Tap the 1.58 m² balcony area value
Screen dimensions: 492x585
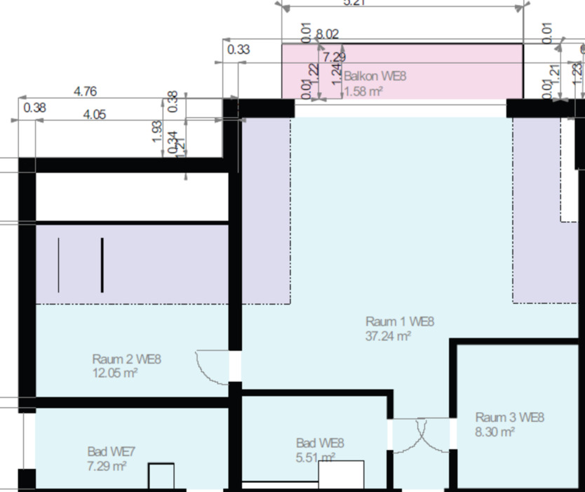click(363, 91)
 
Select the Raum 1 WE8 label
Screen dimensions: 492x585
click(400, 322)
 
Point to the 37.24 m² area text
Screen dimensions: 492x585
click(388, 336)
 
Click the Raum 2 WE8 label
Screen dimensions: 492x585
click(127, 359)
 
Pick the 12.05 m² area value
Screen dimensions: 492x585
click(114, 373)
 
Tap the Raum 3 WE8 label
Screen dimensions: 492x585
click(509, 418)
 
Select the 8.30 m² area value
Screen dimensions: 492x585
click(495, 432)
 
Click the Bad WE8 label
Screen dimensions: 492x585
click(321, 443)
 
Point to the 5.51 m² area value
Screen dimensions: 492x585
click(316, 458)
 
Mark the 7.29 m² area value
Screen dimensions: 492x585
click(107, 465)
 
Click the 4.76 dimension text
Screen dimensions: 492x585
click(85, 91)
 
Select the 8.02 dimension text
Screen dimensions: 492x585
click(328, 34)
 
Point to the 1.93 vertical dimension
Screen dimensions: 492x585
click(158, 131)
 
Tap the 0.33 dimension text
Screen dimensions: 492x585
click(238, 49)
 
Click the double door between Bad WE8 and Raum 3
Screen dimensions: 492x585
click(420, 435)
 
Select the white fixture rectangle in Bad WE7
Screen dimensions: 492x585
click(161, 477)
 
